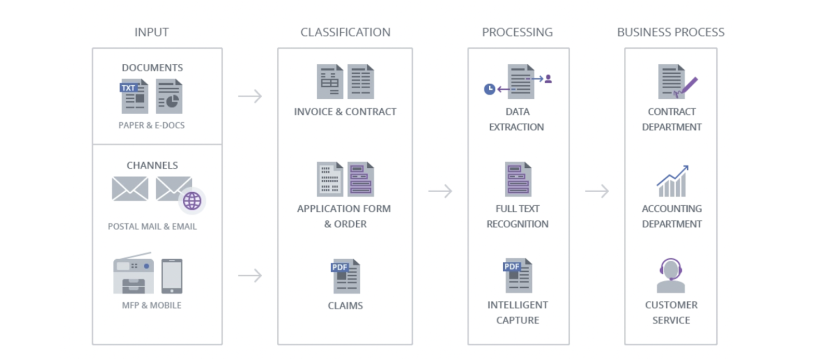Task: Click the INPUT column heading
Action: pyautogui.click(x=151, y=32)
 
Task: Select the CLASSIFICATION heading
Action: pyautogui.click(x=345, y=32)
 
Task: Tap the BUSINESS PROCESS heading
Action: pyautogui.click(x=671, y=32)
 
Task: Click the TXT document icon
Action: pyautogui.click(x=134, y=96)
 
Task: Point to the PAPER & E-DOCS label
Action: pyautogui.click(x=151, y=125)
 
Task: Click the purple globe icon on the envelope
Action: pyautogui.click(x=192, y=201)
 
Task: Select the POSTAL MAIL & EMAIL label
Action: pyautogui.click(x=152, y=226)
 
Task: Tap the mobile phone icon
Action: pyautogui.click(x=172, y=276)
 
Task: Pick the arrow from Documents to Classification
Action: pyautogui.click(x=250, y=96)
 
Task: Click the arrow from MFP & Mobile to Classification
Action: pyautogui.click(x=250, y=275)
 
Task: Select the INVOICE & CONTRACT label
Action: pyautogui.click(x=345, y=112)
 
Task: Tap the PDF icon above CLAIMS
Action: pyautogui.click(x=345, y=276)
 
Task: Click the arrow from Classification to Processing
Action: pyautogui.click(x=440, y=191)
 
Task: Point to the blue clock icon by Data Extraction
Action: pyautogui.click(x=489, y=89)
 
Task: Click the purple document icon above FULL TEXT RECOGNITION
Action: pyautogui.click(x=518, y=179)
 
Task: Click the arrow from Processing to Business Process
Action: pyautogui.click(x=597, y=191)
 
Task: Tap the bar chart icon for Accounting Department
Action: pyautogui.click(x=672, y=181)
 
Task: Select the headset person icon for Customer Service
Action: pyautogui.click(x=671, y=275)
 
